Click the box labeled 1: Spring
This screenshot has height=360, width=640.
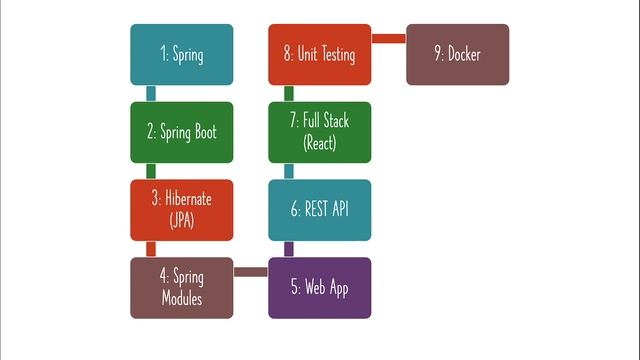pyautogui.click(x=182, y=54)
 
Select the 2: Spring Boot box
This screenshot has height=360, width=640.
pyautogui.click(x=182, y=132)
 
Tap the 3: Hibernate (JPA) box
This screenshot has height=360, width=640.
pyautogui.click(x=182, y=209)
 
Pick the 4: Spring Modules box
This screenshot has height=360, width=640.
pyautogui.click(x=182, y=287)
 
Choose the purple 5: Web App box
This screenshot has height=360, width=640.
pyautogui.click(x=320, y=287)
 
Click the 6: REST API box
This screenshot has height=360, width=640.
pyautogui.click(x=320, y=209)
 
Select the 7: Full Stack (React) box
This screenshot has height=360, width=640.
pyautogui.click(x=320, y=132)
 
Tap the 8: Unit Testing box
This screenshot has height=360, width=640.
pyautogui.click(x=320, y=54)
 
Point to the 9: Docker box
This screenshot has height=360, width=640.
pyautogui.click(x=458, y=54)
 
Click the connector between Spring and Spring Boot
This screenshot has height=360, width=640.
pyautogui.click(x=151, y=93)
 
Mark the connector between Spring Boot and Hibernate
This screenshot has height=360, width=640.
pyautogui.click(x=151, y=171)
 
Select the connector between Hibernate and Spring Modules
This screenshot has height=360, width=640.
pyautogui.click(x=151, y=249)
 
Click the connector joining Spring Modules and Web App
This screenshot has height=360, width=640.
pyautogui.click(x=251, y=271)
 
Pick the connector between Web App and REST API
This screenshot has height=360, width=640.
pyautogui.click(x=289, y=249)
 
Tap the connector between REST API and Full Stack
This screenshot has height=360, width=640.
pyautogui.click(x=289, y=171)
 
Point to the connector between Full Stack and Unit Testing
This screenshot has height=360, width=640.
pyautogui.click(x=289, y=93)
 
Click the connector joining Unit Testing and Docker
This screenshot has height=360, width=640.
pyautogui.click(x=389, y=38)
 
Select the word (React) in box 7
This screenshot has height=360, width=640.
pyautogui.click(x=320, y=143)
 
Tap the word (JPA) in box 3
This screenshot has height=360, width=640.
pyautogui.click(x=182, y=220)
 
